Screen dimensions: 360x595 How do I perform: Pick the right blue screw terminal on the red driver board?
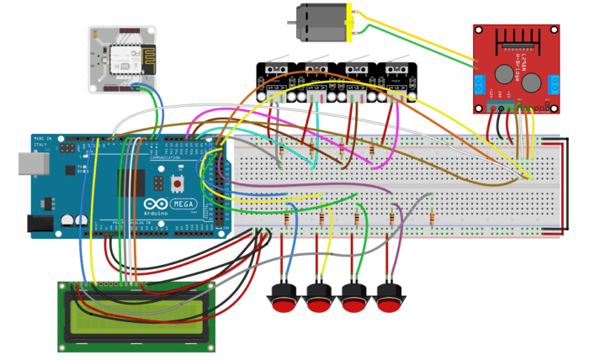pos(555,84)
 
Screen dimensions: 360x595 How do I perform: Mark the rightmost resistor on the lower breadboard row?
pos(432,218)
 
